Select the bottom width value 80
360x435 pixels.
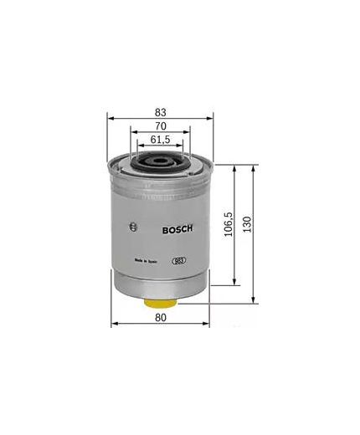(161, 316)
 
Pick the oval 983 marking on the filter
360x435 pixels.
(178, 261)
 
